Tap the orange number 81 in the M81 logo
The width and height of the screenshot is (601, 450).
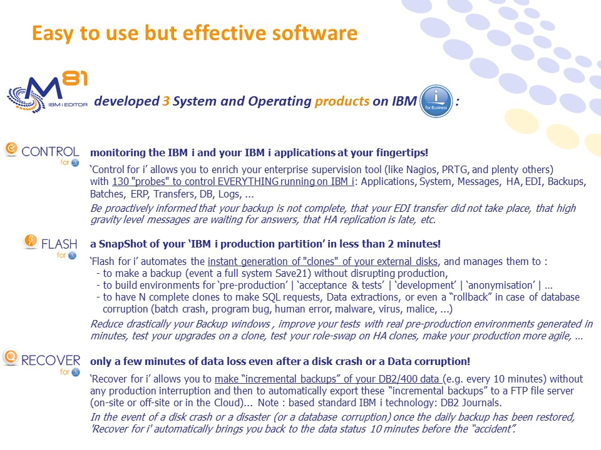pyautogui.click(x=74, y=79)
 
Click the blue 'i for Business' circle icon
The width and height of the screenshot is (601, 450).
pyautogui.click(x=436, y=101)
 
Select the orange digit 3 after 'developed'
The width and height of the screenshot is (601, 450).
pyautogui.click(x=165, y=101)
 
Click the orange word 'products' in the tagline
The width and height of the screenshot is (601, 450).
pyautogui.click(x=342, y=101)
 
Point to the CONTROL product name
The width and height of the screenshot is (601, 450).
pyautogui.click(x=50, y=151)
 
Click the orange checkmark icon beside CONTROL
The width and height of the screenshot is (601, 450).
pyautogui.click(x=11, y=149)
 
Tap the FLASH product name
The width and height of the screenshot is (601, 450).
pyautogui.click(x=59, y=244)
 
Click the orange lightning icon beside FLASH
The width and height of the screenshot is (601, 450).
pyautogui.click(x=30, y=241)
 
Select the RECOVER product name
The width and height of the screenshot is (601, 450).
pyautogui.click(x=51, y=360)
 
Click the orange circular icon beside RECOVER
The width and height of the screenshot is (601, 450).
pyautogui.click(x=11, y=357)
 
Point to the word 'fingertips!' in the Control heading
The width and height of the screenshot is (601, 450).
pyautogui.click(x=402, y=152)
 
